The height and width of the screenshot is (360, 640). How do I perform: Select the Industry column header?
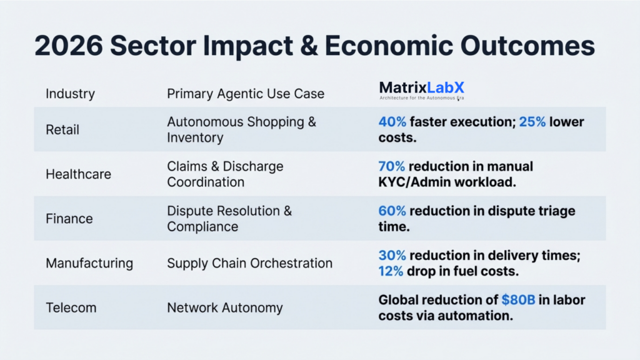(70, 94)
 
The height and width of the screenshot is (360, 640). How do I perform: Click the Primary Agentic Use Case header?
(246, 94)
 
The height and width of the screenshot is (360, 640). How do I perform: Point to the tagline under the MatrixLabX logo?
(422, 98)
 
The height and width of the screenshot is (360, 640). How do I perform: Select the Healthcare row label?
(78, 174)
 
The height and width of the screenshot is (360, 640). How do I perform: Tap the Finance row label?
(69, 219)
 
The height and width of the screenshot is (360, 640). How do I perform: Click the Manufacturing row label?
(89, 263)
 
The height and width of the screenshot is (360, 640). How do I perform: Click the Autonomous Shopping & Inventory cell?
(241, 129)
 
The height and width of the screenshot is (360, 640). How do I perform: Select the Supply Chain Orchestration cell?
(249, 263)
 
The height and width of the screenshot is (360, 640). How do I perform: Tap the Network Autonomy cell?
(224, 307)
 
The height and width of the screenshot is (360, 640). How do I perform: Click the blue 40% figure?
(392, 122)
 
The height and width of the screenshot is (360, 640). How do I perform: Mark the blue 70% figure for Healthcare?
(392, 166)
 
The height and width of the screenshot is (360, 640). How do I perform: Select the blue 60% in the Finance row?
(392, 211)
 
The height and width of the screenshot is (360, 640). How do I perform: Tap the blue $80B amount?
(518, 300)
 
